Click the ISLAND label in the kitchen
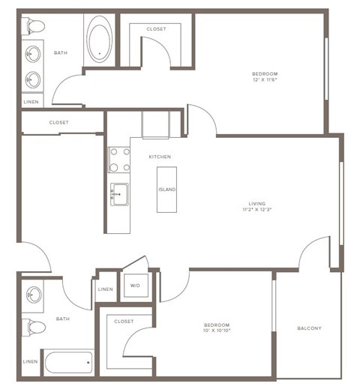[x=166, y=190]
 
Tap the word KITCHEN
[x=160, y=157]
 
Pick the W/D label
[x=136, y=286]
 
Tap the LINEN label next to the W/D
[x=106, y=290]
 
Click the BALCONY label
[x=308, y=328]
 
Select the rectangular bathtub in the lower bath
[x=67, y=364]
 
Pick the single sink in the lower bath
[x=32, y=295]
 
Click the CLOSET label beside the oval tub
[x=156, y=28]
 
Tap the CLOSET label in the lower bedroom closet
[x=124, y=321]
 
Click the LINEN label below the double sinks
[x=31, y=101]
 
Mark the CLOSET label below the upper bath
[x=59, y=122]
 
